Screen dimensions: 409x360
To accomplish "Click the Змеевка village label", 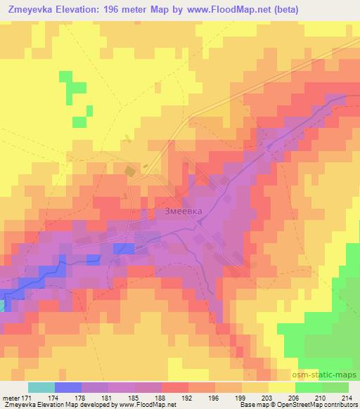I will (178, 209).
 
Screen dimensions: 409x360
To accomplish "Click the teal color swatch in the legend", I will (41, 387).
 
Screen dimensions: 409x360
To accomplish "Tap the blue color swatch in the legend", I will (68, 387).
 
